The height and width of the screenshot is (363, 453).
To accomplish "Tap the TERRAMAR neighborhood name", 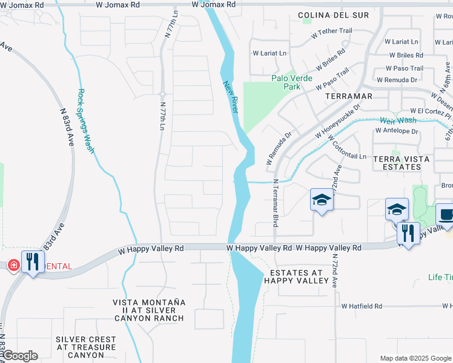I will point(348,96).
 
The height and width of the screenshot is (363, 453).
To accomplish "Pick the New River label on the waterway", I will point(228,97).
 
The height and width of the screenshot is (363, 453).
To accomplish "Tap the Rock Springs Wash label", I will point(85,121).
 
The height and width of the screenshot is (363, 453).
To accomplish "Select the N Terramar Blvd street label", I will point(274,203).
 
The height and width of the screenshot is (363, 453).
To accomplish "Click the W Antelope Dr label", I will point(396,130).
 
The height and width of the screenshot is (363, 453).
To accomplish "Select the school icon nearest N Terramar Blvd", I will point(322,200).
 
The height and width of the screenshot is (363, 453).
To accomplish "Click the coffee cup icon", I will point(446,215).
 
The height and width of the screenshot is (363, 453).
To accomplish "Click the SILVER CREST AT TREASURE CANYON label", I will point(85,347).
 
